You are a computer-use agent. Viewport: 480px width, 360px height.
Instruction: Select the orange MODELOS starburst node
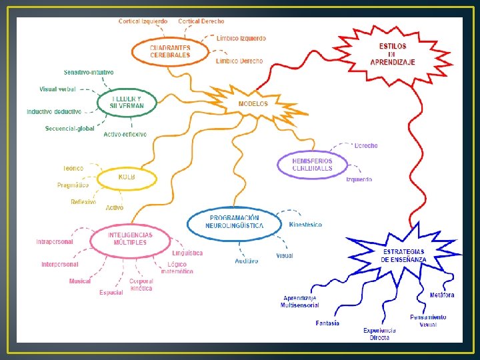click(253, 104)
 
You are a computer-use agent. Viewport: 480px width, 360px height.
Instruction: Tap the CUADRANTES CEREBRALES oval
click(170, 51)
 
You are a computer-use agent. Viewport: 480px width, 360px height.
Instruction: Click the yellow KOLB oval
click(127, 178)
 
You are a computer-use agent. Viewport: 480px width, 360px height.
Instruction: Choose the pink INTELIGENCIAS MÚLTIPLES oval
click(131, 239)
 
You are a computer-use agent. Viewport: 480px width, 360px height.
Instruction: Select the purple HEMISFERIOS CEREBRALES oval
click(312, 164)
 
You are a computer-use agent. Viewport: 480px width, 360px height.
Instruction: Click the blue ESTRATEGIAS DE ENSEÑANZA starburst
click(403, 255)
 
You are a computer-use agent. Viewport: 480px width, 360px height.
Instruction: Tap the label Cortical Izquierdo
click(143, 21)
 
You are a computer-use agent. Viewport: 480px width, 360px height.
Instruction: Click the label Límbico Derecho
click(239, 61)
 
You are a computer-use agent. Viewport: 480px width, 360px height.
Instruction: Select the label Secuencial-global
click(70, 129)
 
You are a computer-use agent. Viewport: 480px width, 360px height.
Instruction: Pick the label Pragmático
click(73, 185)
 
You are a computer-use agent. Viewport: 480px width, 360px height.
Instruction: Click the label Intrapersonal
click(55, 241)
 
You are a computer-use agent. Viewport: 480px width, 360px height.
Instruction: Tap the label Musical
click(80, 281)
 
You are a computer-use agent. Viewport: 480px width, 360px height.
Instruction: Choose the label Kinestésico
click(305, 225)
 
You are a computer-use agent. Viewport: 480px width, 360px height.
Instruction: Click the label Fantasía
click(327, 323)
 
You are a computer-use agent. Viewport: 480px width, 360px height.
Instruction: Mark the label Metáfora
click(442, 295)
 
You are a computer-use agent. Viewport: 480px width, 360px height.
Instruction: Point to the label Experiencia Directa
click(379, 334)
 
